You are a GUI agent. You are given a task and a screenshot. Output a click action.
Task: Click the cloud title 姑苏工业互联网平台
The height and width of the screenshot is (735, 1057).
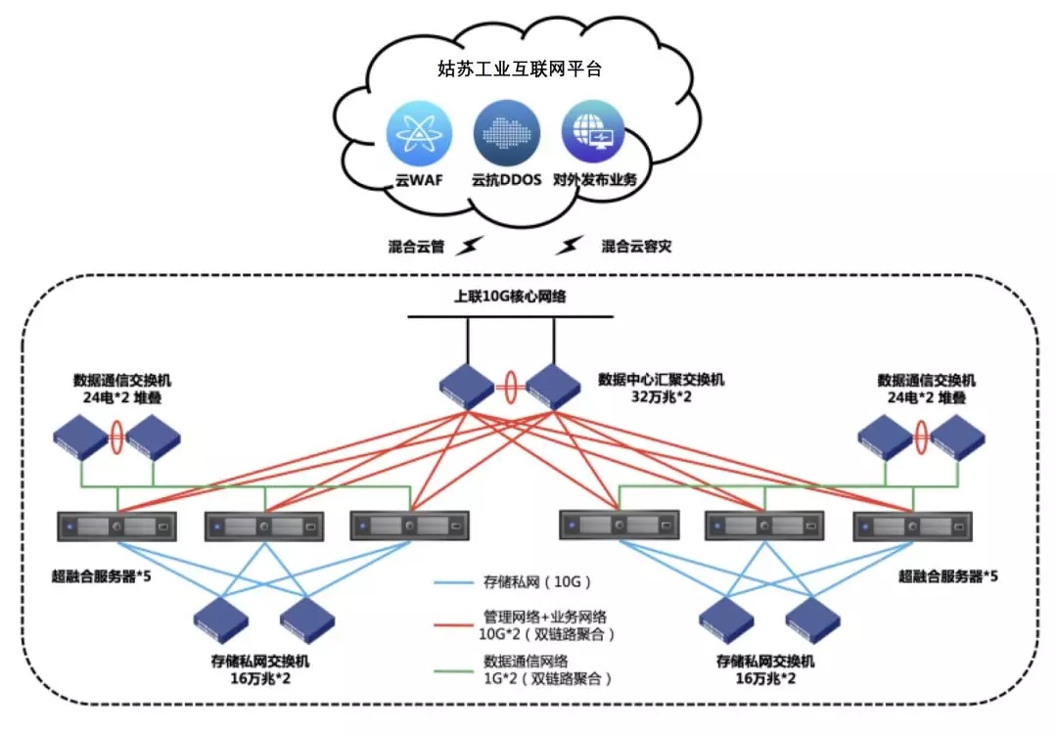click(519, 69)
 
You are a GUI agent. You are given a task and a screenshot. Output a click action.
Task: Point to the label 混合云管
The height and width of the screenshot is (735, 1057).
click(416, 247)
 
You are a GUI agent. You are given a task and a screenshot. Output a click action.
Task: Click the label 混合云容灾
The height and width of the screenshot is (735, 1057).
click(636, 247)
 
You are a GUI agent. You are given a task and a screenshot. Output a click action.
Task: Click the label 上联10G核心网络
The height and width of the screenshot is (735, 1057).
click(510, 298)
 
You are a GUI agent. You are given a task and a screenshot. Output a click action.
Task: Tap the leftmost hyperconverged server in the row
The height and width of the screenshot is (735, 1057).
click(116, 528)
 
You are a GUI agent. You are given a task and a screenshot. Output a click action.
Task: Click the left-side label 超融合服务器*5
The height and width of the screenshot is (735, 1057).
click(102, 575)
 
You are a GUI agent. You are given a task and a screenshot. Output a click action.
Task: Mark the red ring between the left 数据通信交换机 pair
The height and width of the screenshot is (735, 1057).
click(118, 436)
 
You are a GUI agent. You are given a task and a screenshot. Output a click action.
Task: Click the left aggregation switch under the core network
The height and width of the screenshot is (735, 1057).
click(466, 387)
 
